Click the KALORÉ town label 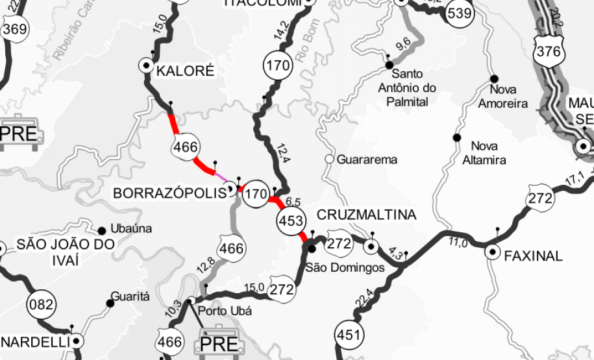(185, 71)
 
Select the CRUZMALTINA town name (366, 215)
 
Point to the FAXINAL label (533, 256)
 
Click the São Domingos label (345, 267)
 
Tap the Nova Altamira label (488, 152)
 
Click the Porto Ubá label (225, 310)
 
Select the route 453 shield (291, 221)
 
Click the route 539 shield (460, 13)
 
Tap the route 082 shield (42, 304)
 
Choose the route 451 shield (348, 335)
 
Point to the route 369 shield (14, 29)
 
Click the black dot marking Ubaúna (102, 230)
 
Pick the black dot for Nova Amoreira (493, 78)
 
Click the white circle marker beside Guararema (329, 159)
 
